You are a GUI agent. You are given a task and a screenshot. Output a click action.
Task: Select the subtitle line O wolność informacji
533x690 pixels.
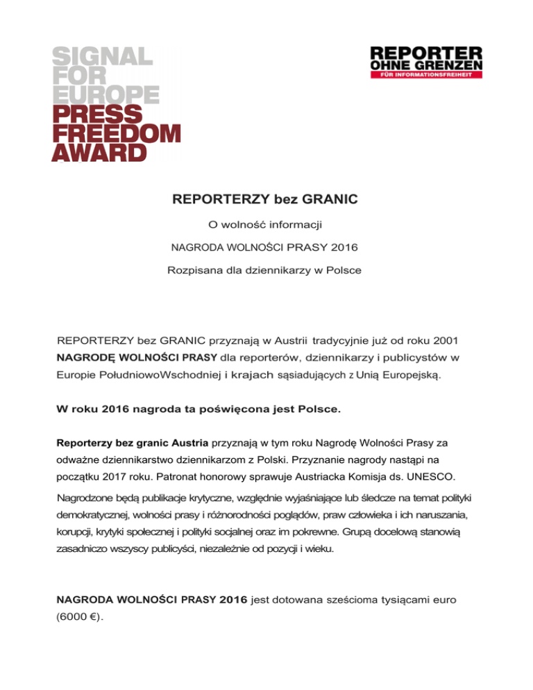[x=266, y=225]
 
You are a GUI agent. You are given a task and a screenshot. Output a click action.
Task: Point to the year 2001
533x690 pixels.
[x=439, y=342]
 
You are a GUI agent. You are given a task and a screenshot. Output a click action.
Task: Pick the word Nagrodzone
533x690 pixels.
[x=87, y=499]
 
